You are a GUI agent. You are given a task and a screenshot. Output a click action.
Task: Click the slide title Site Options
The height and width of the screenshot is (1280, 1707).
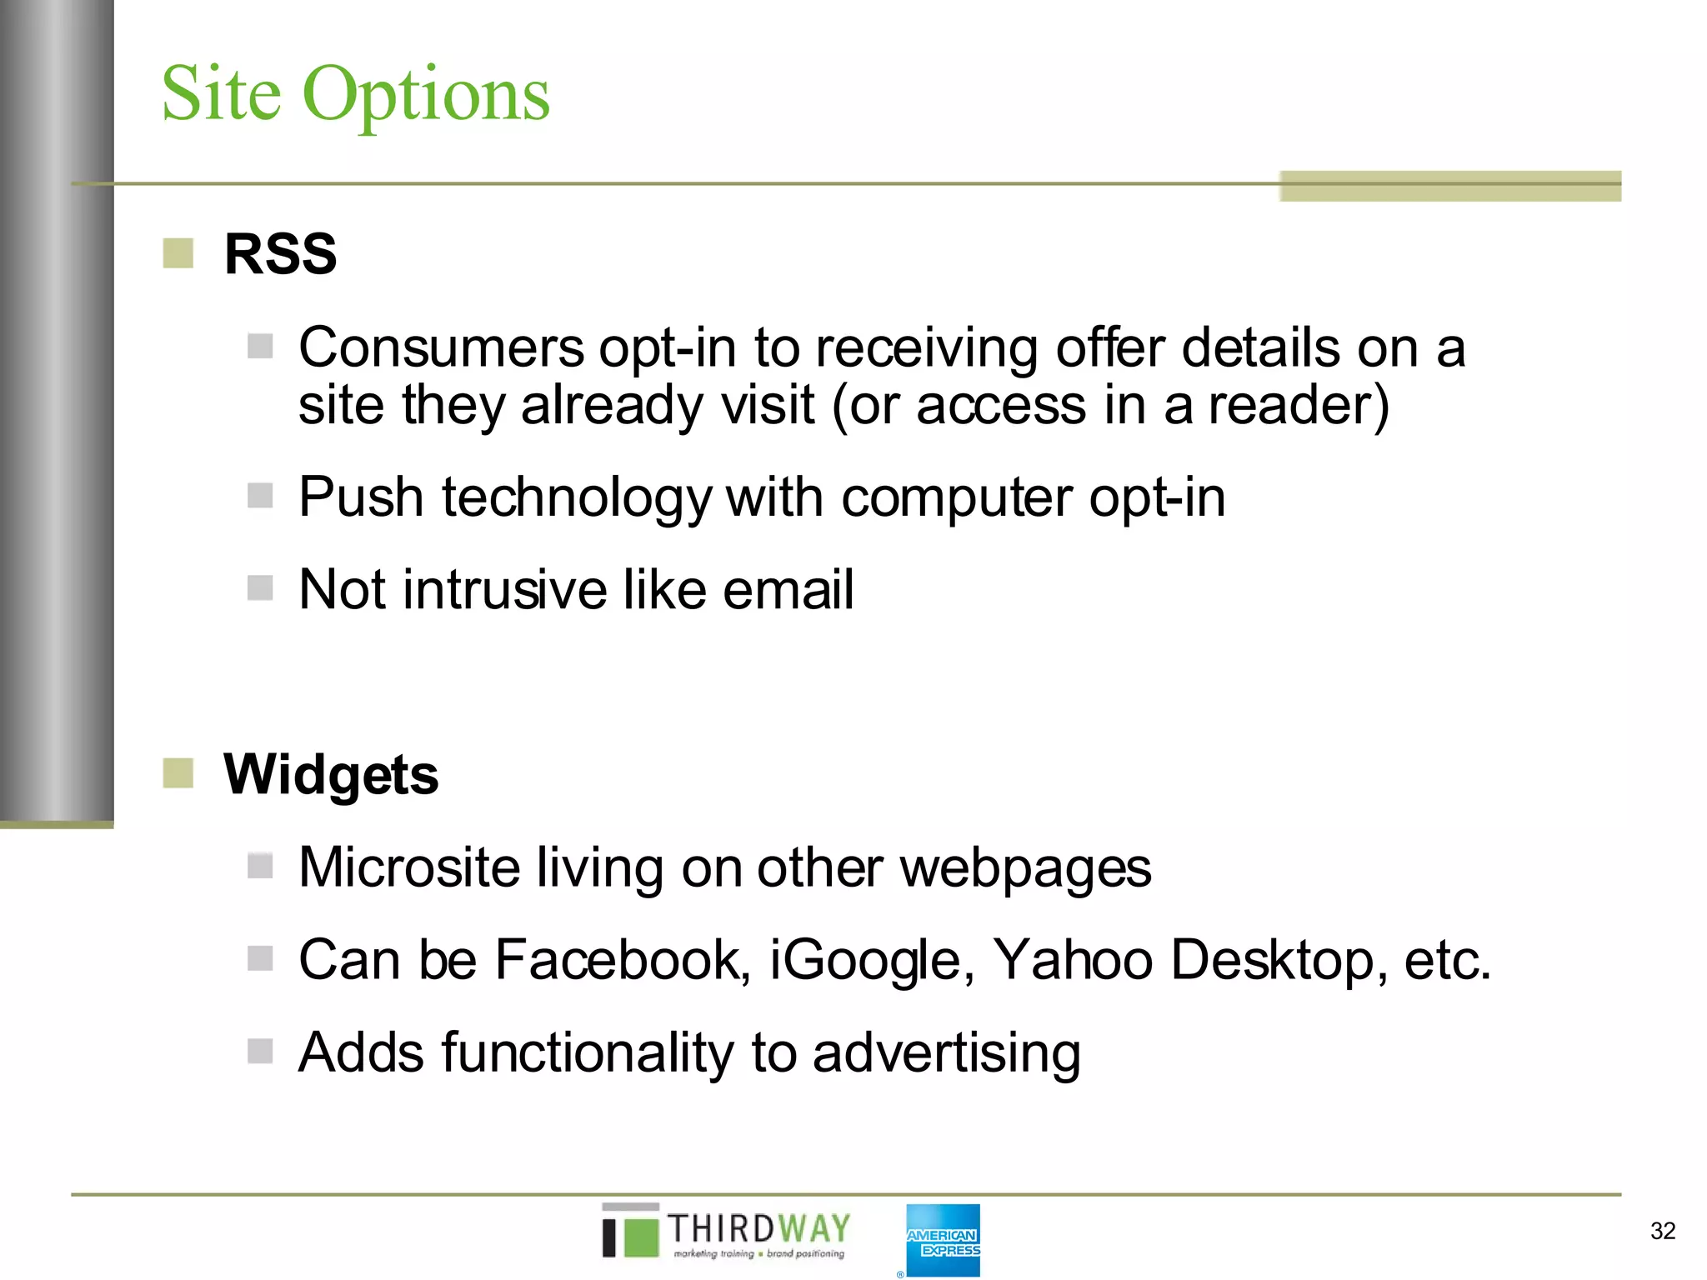[355, 93]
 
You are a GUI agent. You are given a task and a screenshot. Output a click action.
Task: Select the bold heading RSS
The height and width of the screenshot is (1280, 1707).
[280, 253]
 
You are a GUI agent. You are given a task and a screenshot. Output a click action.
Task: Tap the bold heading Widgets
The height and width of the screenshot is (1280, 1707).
[330, 774]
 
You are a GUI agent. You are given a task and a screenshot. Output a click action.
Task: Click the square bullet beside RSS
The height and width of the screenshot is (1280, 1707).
[178, 253]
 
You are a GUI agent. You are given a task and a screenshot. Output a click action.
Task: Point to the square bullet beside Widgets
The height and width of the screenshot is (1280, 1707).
[178, 772]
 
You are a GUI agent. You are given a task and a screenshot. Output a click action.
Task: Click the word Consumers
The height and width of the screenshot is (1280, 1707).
[441, 347]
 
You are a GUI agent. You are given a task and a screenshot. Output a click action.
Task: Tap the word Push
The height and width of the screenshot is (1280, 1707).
[361, 497]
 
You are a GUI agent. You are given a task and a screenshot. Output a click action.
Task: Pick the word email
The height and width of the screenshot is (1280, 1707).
[788, 589]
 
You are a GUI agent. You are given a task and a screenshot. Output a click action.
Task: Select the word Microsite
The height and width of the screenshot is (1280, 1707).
[408, 867]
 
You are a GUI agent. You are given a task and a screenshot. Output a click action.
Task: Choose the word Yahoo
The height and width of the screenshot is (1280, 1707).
[1073, 959]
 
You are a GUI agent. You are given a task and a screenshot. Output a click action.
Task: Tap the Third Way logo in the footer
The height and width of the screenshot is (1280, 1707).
[725, 1232]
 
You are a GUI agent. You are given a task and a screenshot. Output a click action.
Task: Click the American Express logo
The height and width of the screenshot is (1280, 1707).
[943, 1239]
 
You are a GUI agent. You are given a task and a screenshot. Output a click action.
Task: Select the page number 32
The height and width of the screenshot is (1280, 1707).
[1662, 1231]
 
